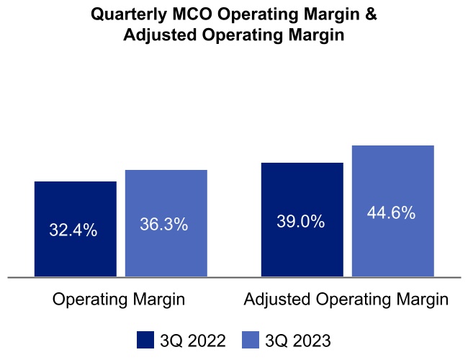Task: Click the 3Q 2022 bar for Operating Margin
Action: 75,202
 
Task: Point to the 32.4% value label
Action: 73,230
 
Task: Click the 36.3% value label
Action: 163,225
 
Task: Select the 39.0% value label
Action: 300,222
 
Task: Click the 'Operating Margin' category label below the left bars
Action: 119,300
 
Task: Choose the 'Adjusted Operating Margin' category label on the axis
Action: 346,300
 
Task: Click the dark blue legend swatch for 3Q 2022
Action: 146,339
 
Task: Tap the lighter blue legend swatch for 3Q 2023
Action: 251,339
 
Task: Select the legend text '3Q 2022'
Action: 192,340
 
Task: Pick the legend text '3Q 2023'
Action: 297,340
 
